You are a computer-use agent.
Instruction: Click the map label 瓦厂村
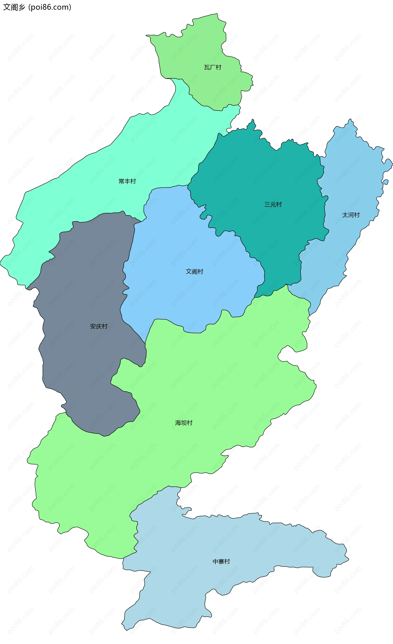[x=212, y=67]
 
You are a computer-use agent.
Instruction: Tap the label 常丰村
[x=127, y=181]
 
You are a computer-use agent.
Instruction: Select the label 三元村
[x=273, y=204]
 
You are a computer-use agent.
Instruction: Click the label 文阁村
[x=194, y=272]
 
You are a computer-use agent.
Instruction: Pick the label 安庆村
[x=99, y=327]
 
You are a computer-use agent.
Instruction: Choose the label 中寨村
[x=221, y=562]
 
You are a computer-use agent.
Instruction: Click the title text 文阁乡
[x=14, y=7]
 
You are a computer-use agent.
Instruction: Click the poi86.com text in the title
[x=50, y=7]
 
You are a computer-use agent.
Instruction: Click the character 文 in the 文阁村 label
[x=189, y=272]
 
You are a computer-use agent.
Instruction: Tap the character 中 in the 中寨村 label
[x=215, y=562]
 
